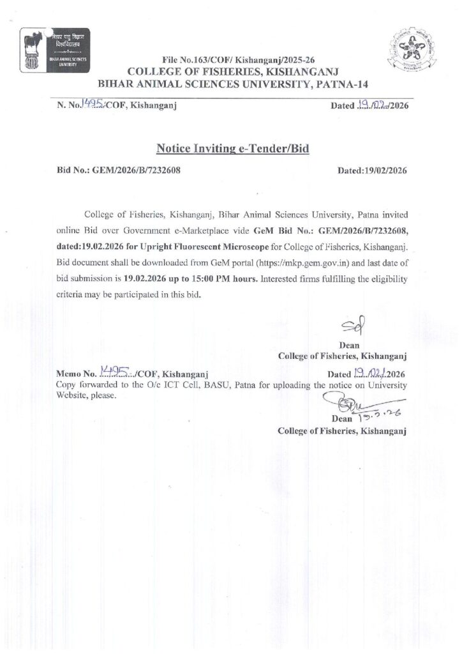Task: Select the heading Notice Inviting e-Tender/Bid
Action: [x=232, y=149]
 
